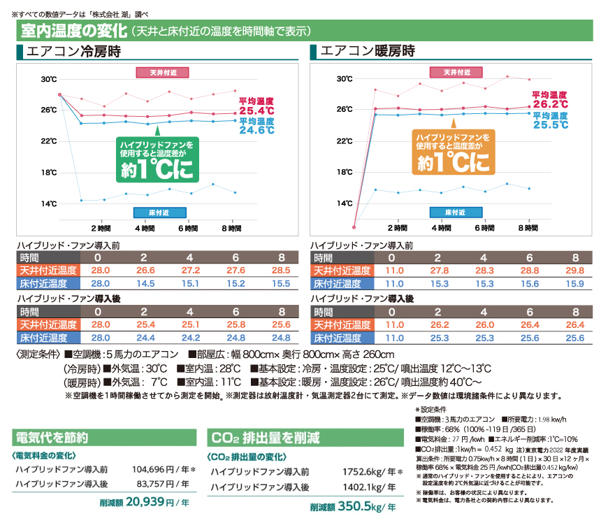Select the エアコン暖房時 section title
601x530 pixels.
click(x=367, y=52)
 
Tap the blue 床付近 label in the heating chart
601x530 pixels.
click(x=455, y=211)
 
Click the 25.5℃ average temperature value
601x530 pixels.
click(x=551, y=124)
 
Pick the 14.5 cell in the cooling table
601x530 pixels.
click(x=145, y=283)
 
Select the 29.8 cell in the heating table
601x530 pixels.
click(x=575, y=271)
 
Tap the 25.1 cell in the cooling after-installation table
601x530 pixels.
click(x=191, y=324)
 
